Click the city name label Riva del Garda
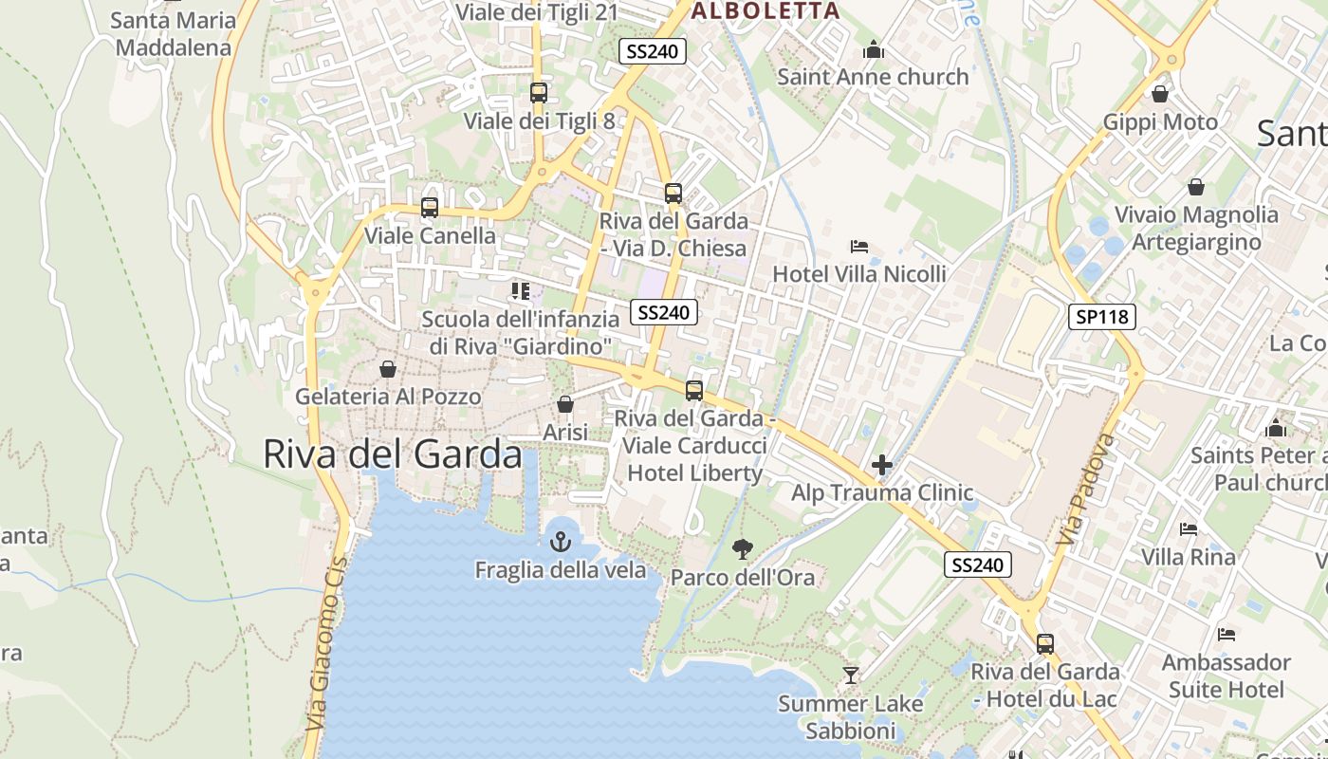[392, 454]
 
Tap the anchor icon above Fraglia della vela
[561, 542]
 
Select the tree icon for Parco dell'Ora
[743, 547]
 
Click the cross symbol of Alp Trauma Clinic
[882, 464]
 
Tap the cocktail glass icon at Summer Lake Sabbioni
[851, 675]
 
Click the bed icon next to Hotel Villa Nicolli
[859, 247]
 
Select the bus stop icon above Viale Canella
[430, 207]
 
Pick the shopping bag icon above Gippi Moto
[1159, 93]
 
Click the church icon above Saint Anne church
[873, 49]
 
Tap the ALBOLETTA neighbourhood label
[765, 11]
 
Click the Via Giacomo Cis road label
[325, 644]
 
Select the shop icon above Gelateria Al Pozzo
[387, 368]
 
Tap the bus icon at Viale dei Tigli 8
[539, 92]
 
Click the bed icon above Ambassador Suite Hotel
[1227, 634]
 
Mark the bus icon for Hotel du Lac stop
[1045, 643]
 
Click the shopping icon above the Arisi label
[565, 404]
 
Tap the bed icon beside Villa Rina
[1189, 528]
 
